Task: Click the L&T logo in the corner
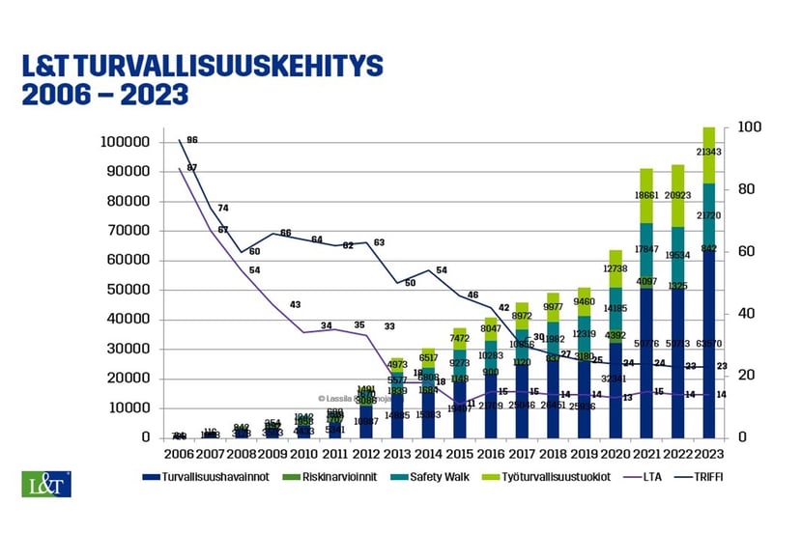[x=45, y=484]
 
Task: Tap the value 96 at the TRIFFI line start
[x=192, y=140]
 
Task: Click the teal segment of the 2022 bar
[x=678, y=256]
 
